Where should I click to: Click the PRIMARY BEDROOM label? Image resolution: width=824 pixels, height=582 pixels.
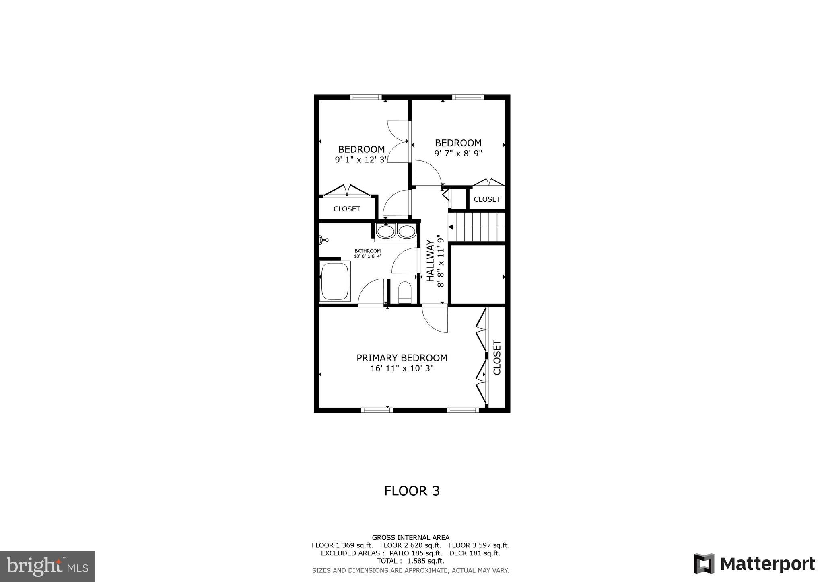pos(402,358)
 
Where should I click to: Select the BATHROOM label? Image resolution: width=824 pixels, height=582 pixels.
pos(367,251)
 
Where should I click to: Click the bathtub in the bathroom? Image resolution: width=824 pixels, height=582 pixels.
pos(335,281)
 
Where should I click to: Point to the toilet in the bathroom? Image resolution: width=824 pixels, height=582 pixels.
pos(404,292)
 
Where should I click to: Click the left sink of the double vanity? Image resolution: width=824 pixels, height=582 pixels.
pos(385,232)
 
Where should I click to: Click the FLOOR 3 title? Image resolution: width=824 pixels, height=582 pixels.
pos(412,491)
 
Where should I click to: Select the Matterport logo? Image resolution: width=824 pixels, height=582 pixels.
pos(754,564)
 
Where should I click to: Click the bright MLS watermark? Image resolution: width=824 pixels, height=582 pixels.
pos(47,566)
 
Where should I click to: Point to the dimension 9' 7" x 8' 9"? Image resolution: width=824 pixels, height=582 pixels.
pos(458,153)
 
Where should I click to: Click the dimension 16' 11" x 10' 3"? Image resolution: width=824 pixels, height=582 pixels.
pos(402,368)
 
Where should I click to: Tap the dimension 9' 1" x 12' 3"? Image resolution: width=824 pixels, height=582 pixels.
pos(361,160)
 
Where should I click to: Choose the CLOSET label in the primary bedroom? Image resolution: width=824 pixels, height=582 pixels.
pos(497,357)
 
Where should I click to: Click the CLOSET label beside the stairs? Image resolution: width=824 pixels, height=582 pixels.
pos(487,199)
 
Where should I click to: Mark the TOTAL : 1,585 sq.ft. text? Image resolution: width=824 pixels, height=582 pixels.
pos(410,561)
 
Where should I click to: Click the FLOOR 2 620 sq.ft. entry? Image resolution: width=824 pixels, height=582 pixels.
pos(410,545)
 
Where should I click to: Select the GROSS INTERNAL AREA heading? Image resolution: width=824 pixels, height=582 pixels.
pos(410,537)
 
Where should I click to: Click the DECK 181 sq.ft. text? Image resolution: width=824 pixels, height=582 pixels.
pos(474,553)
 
